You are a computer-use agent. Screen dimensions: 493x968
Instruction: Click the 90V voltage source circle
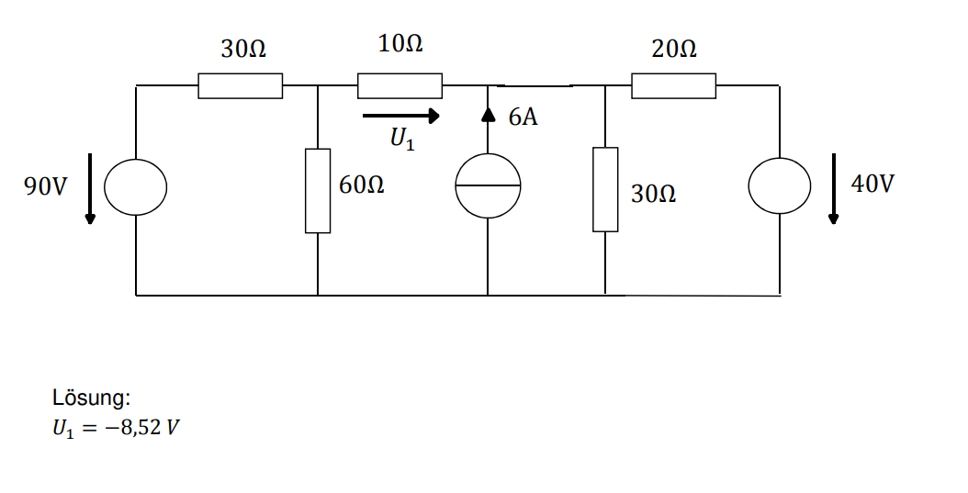(x=135, y=187)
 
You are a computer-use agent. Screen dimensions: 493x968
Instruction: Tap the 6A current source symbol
(x=488, y=186)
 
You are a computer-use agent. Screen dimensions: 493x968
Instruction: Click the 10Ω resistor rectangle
(x=400, y=86)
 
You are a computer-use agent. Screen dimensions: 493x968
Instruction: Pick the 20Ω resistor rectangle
(x=673, y=86)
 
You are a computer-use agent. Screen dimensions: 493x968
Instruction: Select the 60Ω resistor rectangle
(x=318, y=191)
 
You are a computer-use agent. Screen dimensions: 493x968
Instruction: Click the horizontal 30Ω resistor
(x=240, y=86)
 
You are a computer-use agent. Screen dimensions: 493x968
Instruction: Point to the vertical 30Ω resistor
(x=605, y=189)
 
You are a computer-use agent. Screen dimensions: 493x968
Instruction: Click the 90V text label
(x=46, y=186)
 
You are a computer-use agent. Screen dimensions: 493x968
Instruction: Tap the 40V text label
(x=872, y=184)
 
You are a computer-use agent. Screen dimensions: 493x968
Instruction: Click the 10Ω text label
(x=400, y=44)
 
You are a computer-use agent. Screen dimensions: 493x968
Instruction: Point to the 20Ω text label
(x=674, y=49)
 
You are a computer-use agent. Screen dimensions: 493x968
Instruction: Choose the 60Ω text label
(x=362, y=185)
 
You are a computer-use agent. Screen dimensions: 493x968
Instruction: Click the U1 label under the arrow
(x=401, y=140)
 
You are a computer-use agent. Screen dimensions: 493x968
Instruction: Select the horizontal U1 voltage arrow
(x=400, y=117)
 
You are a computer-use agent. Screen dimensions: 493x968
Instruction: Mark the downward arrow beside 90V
(x=90, y=189)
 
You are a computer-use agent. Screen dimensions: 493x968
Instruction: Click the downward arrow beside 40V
(x=833, y=189)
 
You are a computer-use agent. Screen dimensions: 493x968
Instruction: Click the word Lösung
(x=91, y=398)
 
